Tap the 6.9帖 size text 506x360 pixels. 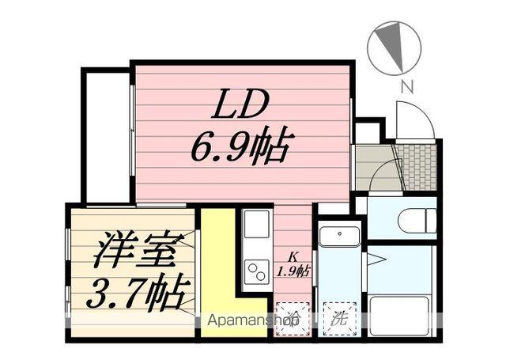[242, 146]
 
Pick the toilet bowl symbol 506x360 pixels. [417, 219]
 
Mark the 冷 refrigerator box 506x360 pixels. [293, 320]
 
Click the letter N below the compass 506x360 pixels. [406, 86]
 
